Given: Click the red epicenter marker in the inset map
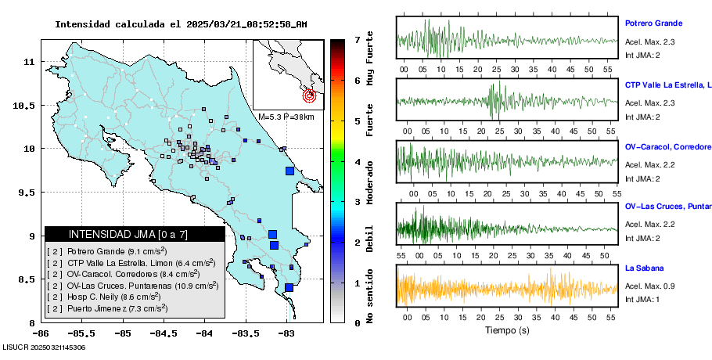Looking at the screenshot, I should pos(309,96).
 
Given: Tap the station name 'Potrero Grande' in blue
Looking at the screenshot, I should pos(653,23).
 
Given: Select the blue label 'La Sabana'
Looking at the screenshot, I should pos(643,268).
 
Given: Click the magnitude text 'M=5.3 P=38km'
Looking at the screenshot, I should pos(286,117).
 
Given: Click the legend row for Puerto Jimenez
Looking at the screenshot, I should pos(107,309).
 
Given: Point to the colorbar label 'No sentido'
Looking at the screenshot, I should pos(370,294).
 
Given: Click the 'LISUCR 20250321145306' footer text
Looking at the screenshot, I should pos(44,347).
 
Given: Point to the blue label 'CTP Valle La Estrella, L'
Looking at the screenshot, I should pos(668,85).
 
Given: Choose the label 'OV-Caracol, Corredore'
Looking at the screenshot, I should pos(667,146).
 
